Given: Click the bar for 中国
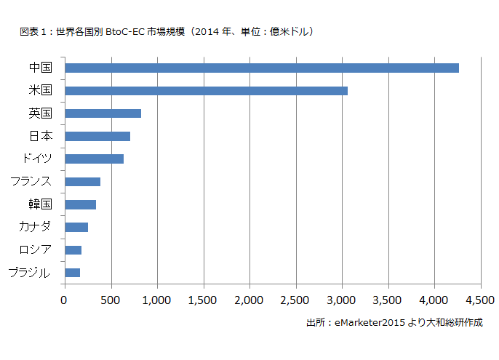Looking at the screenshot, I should [x=262, y=68].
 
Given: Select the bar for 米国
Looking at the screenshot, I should [x=206, y=91].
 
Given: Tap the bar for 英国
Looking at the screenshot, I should [x=103, y=113].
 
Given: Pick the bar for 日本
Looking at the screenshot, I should [x=97, y=136].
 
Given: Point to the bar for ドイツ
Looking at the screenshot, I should [x=94, y=159].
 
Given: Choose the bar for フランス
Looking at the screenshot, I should [x=82, y=182].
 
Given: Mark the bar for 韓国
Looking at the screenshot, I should [x=80, y=204].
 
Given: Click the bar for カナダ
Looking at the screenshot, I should [x=76, y=227].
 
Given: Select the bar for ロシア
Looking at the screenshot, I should [x=73, y=250].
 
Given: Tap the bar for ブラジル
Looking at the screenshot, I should [x=72, y=273].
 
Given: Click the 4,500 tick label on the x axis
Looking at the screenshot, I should [x=479, y=299].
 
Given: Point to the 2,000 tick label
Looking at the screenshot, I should [x=249, y=299].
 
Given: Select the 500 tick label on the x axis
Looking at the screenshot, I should [x=111, y=299].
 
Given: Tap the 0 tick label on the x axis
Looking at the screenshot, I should [x=64, y=299].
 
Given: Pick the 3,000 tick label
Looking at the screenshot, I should [x=342, y=299].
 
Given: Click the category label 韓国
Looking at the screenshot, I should [x=39, y=204].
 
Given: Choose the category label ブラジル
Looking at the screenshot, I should [x=29, y=273].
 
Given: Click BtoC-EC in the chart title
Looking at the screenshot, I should [x=124, y=32].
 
